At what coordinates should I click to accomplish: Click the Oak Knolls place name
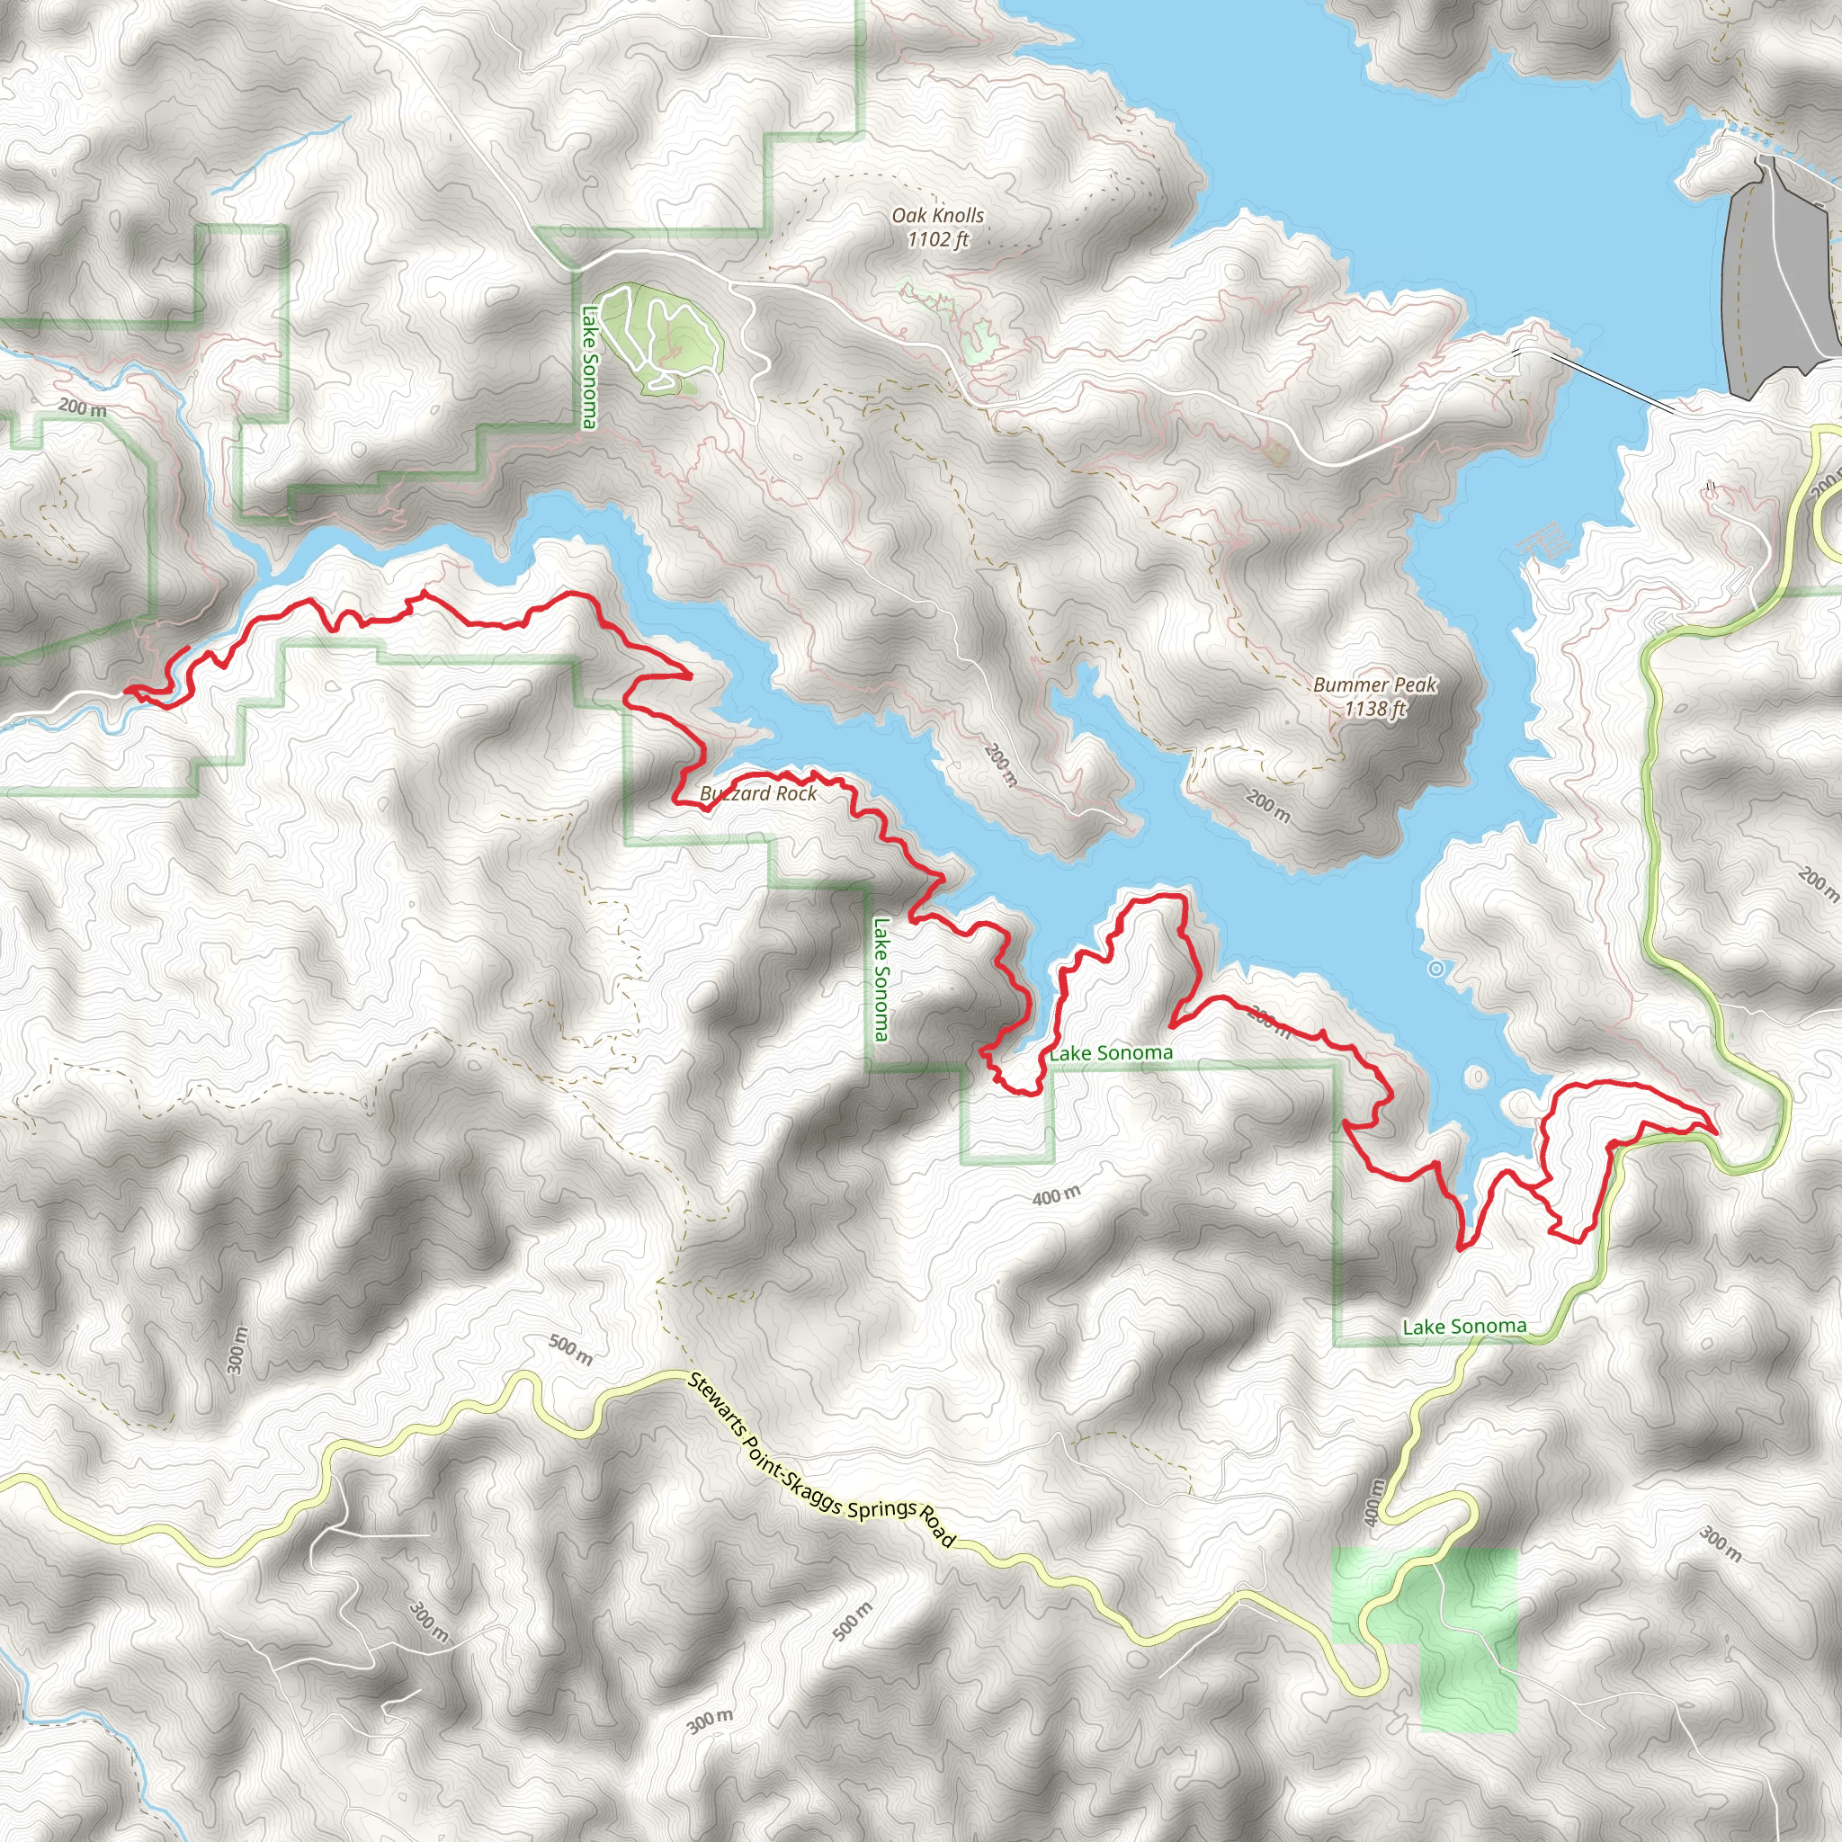coord(937,216)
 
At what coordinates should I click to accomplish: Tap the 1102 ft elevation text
coord(937,239)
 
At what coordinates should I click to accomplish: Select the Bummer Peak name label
coord(1374,684)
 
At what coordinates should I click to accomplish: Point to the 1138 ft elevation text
coord(1374,709)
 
